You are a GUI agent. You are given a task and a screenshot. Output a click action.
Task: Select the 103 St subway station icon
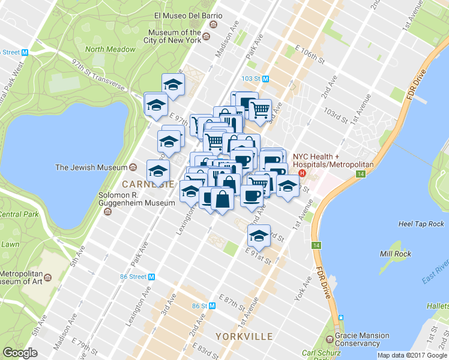pyautogui.click(x=265, y=79)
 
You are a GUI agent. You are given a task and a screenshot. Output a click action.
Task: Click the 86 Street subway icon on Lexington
pyautogui.click(x=151, y=277)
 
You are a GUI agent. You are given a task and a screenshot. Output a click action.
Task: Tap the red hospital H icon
pyautogui.click(x=303, y=174)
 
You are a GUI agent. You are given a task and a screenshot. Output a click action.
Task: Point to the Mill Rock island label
pyautogui.click(x=395, y=254)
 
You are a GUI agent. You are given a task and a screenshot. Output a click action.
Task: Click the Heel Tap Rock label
pyautogui.click(x=421, y=224)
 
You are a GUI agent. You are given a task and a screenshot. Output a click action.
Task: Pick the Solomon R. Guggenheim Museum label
pyautogui.click(x=137, y=199)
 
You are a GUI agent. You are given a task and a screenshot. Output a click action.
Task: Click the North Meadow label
pyautogui.click(x=110, y=50)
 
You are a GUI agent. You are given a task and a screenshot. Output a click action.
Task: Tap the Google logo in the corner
pyautogui.click(x=20, y=353)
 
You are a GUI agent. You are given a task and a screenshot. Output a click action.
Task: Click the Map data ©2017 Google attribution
pyautogui.click(x=412, y=355)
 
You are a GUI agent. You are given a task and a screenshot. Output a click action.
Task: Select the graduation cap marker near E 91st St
pyautogui.click(x=259, y=235)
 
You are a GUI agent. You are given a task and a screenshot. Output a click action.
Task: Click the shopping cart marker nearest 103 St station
pyautogui.click(x=260, y=110)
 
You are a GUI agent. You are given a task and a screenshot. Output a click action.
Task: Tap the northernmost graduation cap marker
pyautogui.click(x=173, y=85)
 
